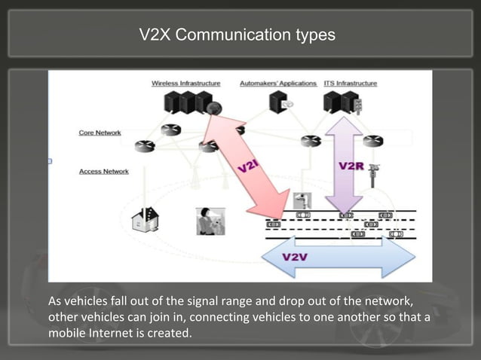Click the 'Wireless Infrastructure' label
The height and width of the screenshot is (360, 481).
[x=185, y=83]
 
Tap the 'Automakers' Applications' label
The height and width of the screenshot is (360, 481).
[x=278, y=83]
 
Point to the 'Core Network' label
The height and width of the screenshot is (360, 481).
[x=100, y=133]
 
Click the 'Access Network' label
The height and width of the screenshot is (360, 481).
[x=103, y=172]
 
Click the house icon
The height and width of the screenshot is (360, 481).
[x=145, y=221]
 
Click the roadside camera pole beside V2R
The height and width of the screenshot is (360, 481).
[x=374, y=176]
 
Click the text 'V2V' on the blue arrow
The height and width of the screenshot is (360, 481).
[x=294, y=257]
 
